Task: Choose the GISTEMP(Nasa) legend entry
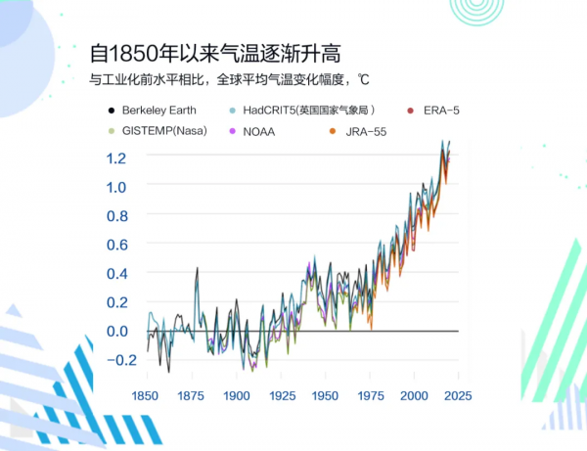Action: [x=161, y=131]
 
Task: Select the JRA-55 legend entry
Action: [x=358, y=131]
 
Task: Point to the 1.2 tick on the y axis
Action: [x=117, y=158]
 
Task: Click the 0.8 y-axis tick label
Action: [x=117, y=216]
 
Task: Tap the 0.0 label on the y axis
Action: [x=117, y=332]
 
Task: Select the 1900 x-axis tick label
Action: [x=236, y=396]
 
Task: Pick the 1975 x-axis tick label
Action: [x=370, y=396]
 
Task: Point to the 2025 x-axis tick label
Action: [x=458, y=396]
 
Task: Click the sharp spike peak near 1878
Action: [x=198, y=268]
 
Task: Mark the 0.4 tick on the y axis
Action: [x=117, y=274]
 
